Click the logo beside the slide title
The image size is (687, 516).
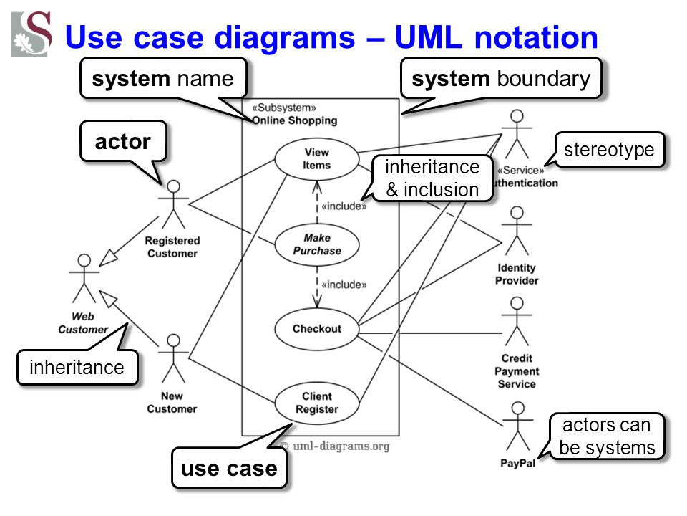point(31,34)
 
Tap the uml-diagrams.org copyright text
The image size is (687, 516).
point(335,446)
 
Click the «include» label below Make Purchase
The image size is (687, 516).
point(344,285)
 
